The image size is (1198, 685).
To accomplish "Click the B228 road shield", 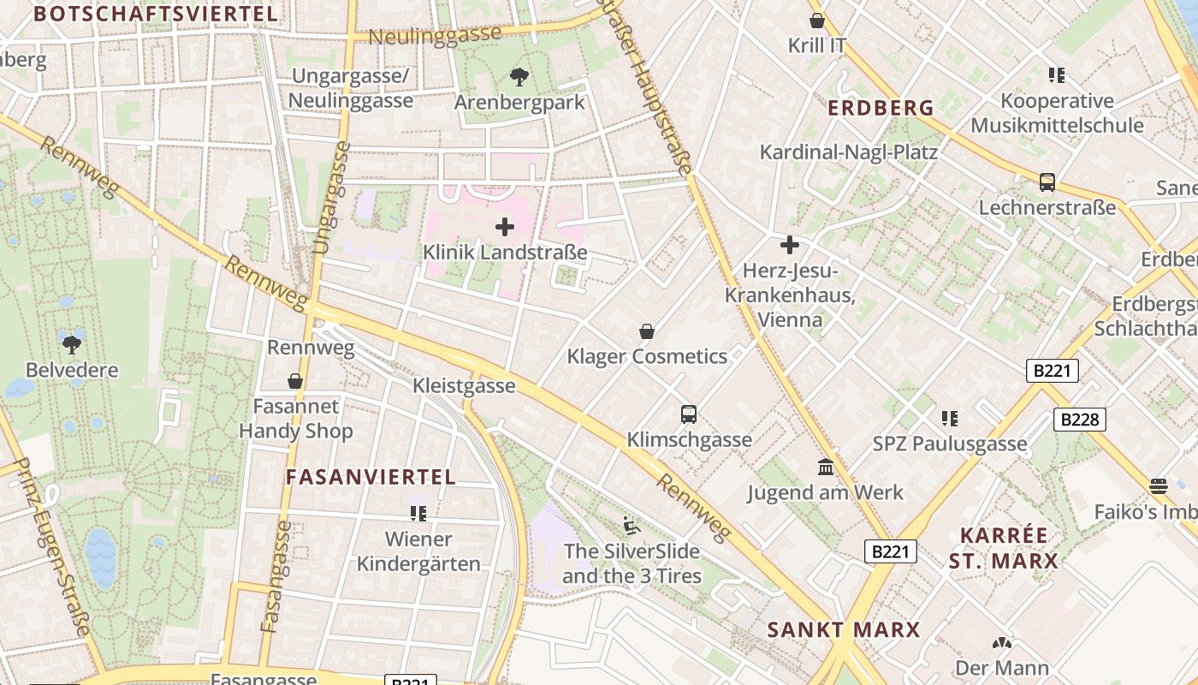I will click(1079, 420).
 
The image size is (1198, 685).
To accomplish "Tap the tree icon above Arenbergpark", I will click(519, 77).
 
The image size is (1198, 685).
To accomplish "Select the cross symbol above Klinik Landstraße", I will click(505, 227).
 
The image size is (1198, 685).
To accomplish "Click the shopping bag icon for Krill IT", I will click(817, 21).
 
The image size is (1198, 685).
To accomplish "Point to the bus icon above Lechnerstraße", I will click(1047, 182).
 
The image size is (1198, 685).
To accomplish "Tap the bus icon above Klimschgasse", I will click(689, 414).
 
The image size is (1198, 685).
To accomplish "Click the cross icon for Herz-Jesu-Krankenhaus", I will click(789, 246).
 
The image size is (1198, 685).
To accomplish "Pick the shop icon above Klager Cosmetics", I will click(647, 331).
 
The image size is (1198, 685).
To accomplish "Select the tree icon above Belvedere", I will click(72, 344).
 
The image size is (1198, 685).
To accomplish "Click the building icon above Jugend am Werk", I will click(826, 468).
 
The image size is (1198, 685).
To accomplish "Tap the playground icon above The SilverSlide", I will click(631, 526).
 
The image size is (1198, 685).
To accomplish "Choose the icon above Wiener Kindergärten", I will click(418, 514).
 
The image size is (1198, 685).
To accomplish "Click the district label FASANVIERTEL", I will click(371, 478).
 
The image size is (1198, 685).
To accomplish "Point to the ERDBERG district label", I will click(881, 109).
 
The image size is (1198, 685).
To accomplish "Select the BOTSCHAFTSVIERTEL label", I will click(156, 14).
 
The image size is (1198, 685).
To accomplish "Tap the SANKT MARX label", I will click(843, 630).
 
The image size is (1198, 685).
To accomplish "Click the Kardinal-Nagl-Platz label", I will click(849, 152).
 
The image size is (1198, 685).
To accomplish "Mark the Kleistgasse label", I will click(464, 385).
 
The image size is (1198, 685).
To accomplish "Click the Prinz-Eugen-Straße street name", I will click(53, 548).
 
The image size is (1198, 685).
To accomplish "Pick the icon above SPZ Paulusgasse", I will click(949, 419).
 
